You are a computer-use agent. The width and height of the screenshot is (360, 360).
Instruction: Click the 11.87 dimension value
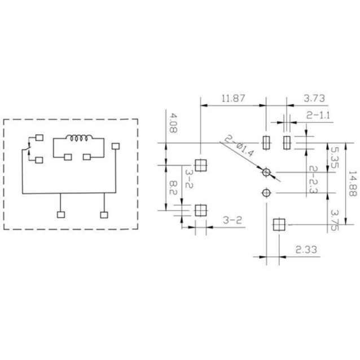(x=233, y=98)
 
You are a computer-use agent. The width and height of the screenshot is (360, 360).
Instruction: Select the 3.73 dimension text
(x=314, y=98)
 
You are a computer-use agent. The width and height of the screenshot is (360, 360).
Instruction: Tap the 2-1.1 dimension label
(x=318, y=115)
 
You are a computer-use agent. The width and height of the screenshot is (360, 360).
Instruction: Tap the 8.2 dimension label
(x=173, y=188)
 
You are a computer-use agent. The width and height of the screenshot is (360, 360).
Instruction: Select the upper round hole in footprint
(x=266, y=172)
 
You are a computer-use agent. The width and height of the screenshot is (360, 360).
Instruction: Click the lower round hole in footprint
(x=266, y=193)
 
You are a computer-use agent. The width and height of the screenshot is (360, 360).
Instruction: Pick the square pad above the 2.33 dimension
(x=278, y=225)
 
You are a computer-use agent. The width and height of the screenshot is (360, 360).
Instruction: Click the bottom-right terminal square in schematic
(x=104, y=214)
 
